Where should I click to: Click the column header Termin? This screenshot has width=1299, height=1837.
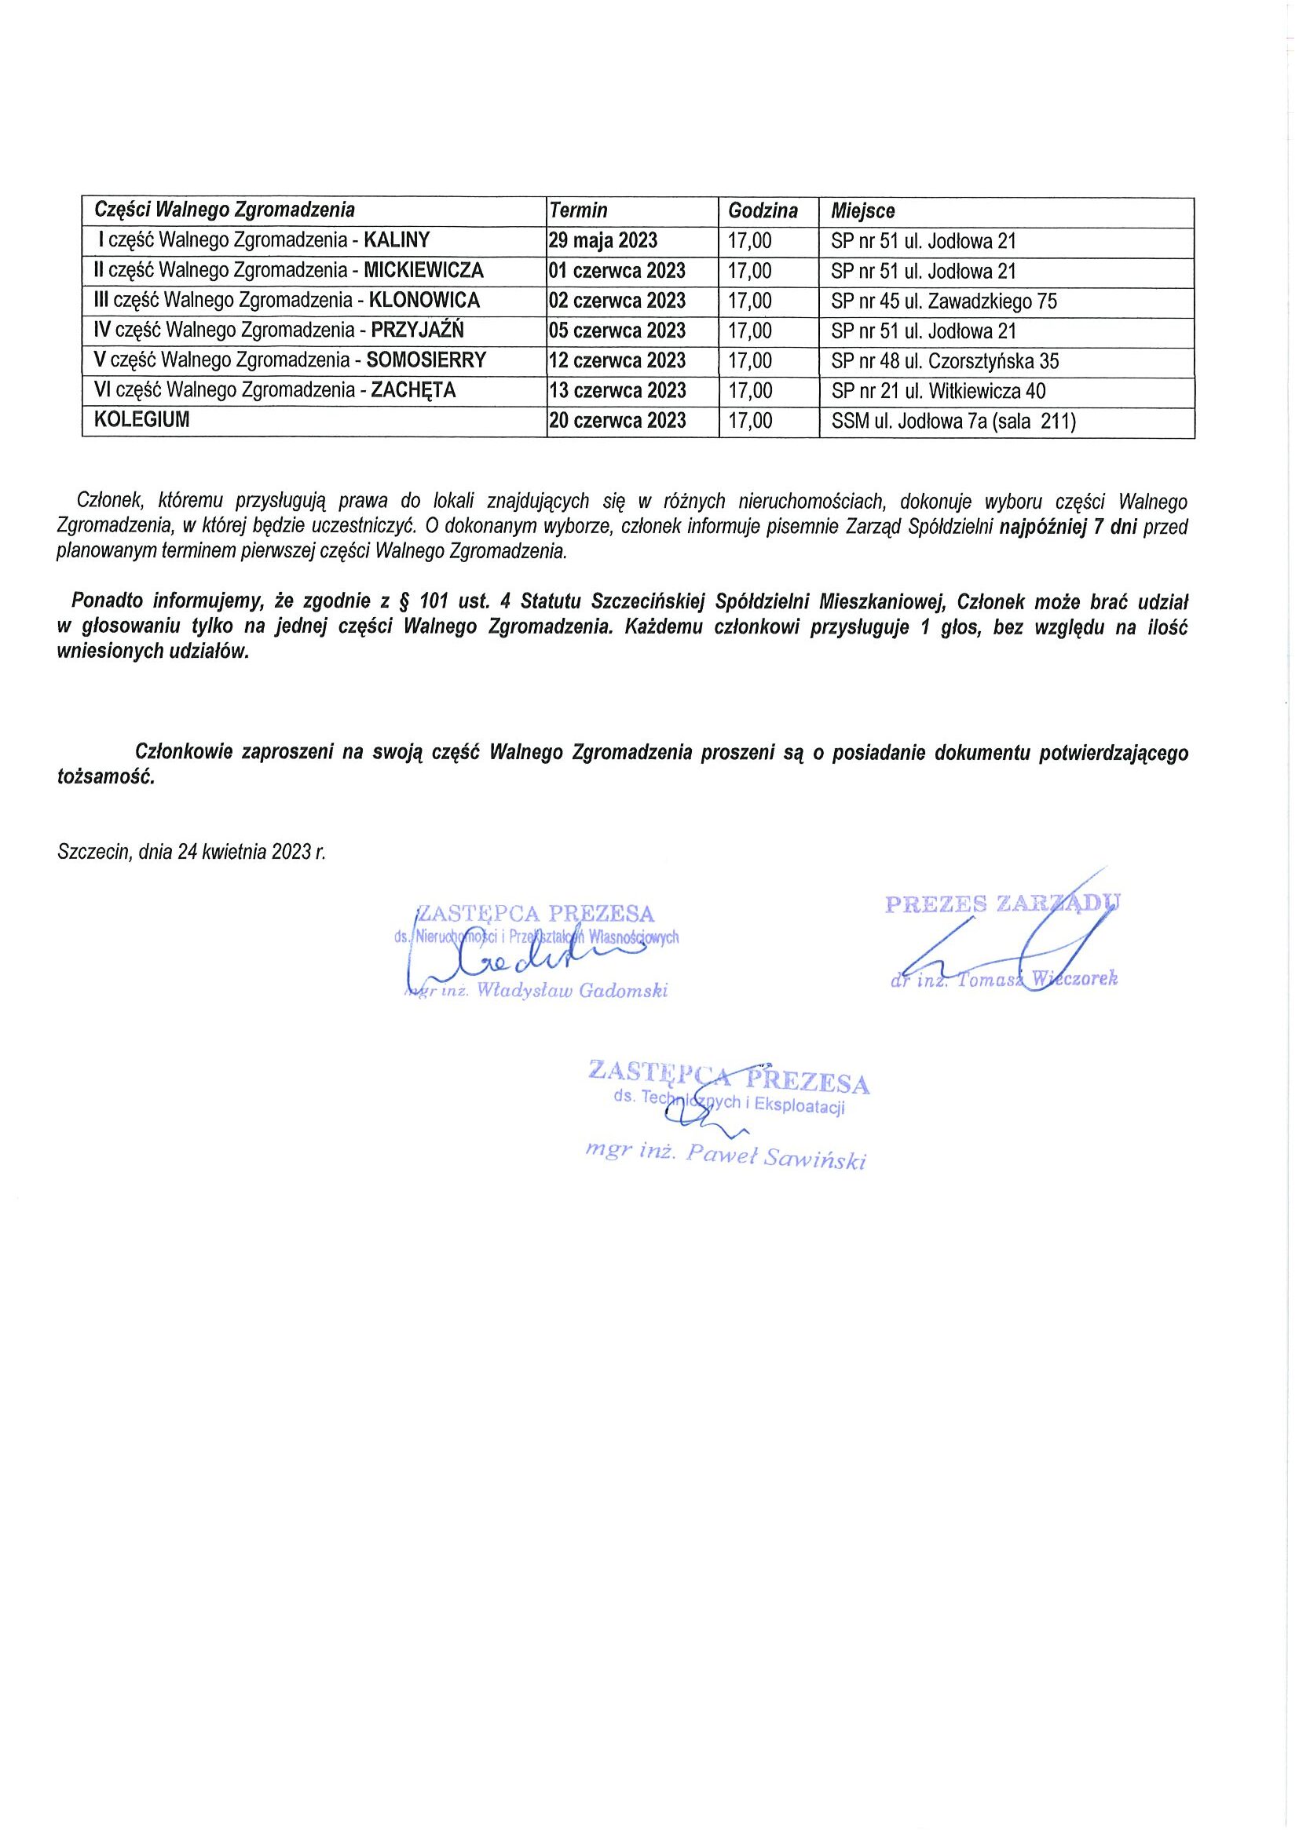tap(579, 210)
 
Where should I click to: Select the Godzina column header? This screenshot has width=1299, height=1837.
tap(763, 210)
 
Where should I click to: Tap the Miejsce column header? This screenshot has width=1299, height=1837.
tap(863, 211)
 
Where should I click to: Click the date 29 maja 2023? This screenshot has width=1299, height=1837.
tap(603, 240)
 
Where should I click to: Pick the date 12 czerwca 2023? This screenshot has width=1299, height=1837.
tap(617, 361)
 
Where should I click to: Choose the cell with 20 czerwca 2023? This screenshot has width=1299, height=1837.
tap(617, 421)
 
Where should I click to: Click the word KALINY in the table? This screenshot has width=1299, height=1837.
tap(397, 240)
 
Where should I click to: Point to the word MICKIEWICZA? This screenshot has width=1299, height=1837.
tap(423, 270)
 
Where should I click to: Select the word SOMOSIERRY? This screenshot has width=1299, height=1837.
tap(426, 361)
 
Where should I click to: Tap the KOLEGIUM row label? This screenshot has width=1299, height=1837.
tap(141, 421)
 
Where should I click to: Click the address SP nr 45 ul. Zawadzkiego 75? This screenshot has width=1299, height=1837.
tap(944, 301)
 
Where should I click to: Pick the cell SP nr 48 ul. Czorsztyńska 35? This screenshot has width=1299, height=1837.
tap(945, 362)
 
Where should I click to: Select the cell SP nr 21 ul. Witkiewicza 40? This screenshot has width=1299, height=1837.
tap(938, 391)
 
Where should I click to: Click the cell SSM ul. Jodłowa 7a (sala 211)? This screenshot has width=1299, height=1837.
tap(953, 422)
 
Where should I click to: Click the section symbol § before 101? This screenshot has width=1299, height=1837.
tap(402, 601)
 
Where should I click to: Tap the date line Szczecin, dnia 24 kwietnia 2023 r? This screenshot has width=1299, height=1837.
tap(192, 851)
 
